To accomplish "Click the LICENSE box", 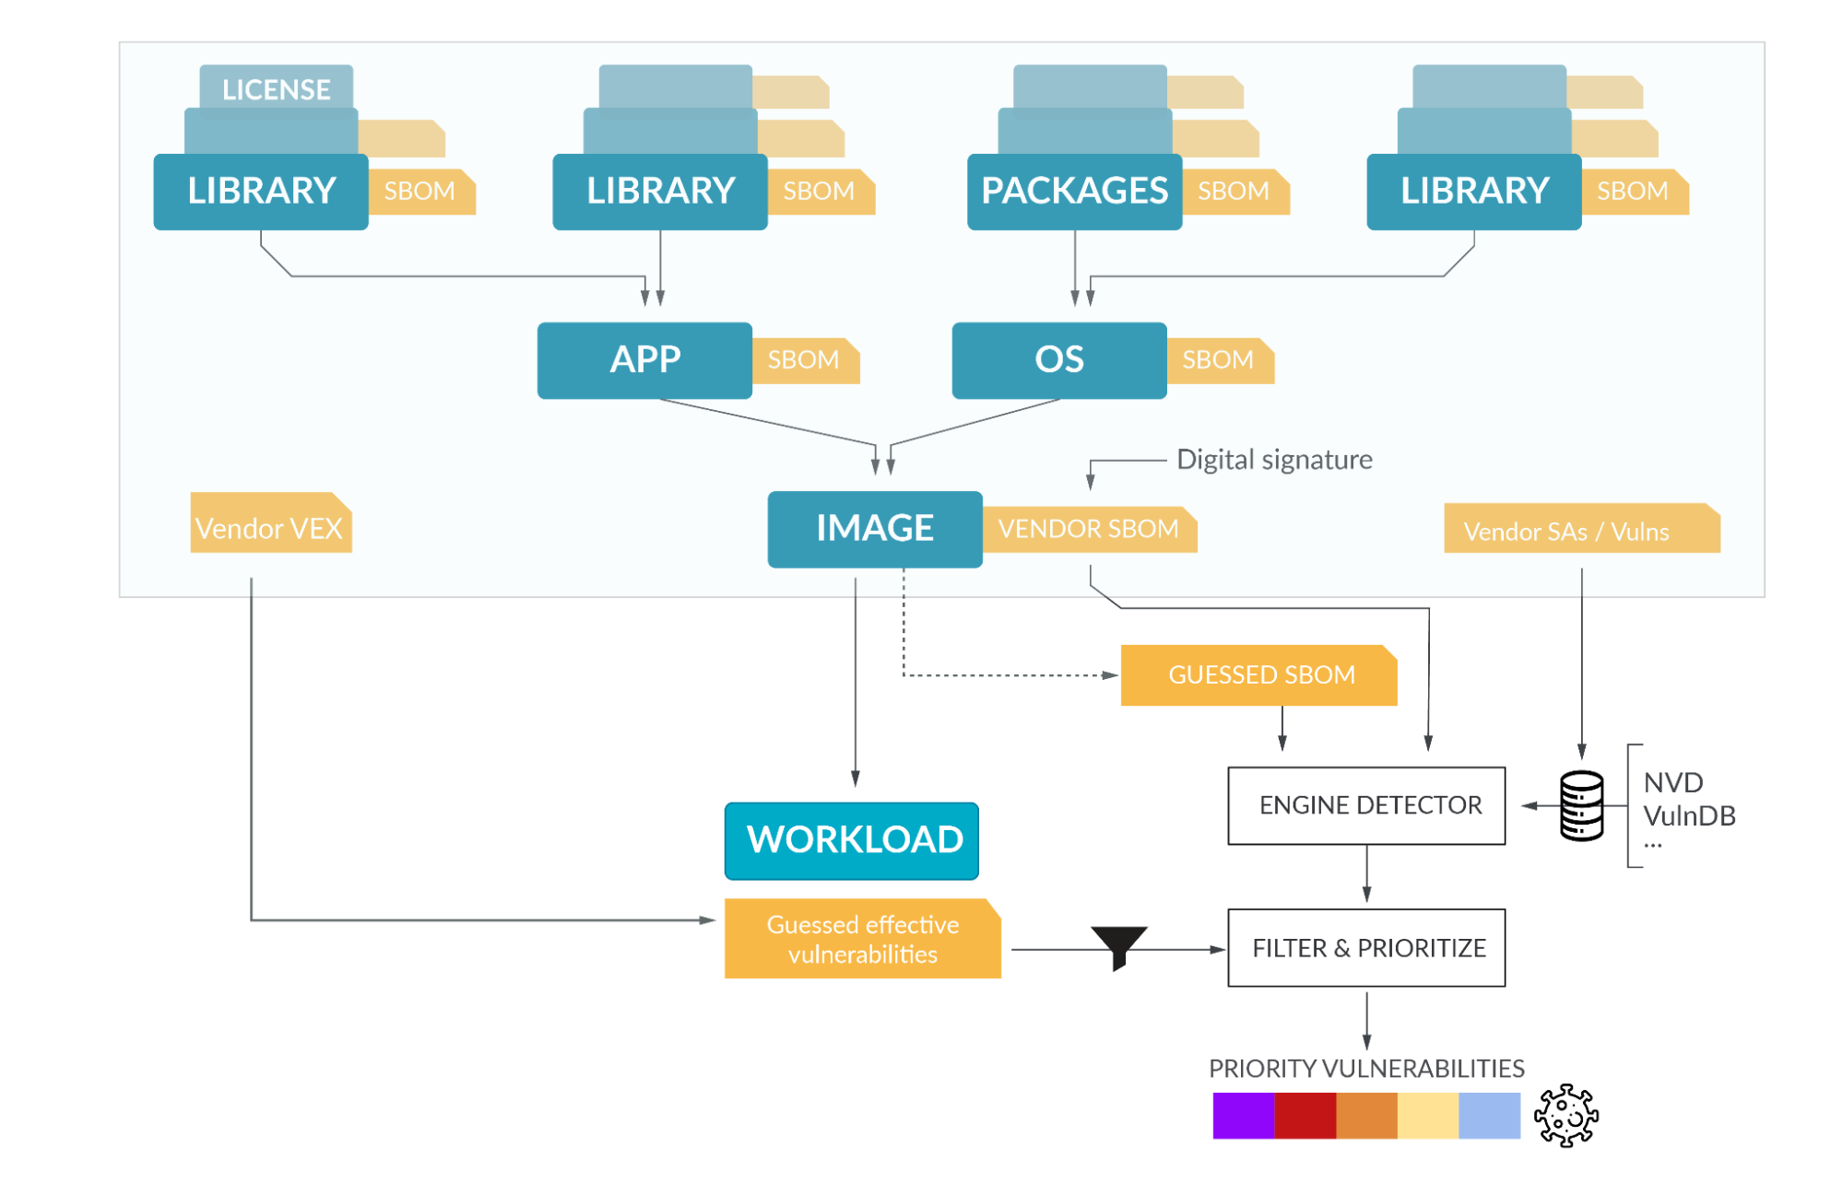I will [276, 88].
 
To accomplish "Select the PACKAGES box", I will [1074, 192].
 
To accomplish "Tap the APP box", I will [644, 360].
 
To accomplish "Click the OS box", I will [1058, 360].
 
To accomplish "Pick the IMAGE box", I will [874, 529].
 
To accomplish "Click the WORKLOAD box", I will [851, 840].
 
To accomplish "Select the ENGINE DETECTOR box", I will [1365, 805].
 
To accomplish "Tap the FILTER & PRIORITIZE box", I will [1365, 948].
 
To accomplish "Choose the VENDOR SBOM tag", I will [1089, 529].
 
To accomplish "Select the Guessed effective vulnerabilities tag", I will [861, 939].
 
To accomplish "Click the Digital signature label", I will [1273, 460].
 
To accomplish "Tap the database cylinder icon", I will [1580, 806].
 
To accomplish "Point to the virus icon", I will [1565, 1116].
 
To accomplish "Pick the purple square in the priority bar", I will [1243, 1116].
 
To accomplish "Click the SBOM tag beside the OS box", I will [1219, 360].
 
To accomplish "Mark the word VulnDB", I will [1688, 815].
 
